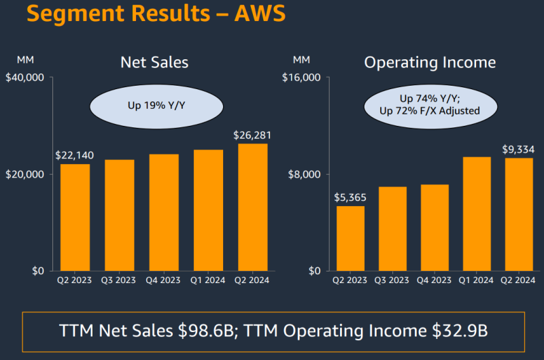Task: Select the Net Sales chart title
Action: tap(154, 63)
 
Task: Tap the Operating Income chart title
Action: tap(430, 63)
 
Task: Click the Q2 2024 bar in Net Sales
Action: tap(252, 207)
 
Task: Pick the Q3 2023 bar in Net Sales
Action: tap(119, 215)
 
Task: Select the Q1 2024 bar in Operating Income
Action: tap(477, 214)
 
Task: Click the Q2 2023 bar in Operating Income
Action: tap(350, 238)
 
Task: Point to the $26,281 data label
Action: tap(252, 135)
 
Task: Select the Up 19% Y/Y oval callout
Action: tap(156, 106)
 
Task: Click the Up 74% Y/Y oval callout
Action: tap(430, 104)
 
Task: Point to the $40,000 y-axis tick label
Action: tap(24, 78)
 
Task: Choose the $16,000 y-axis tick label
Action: tap(301, 78)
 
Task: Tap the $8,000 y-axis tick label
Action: tap(304, 174)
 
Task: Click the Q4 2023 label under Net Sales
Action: tap(163, 280)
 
